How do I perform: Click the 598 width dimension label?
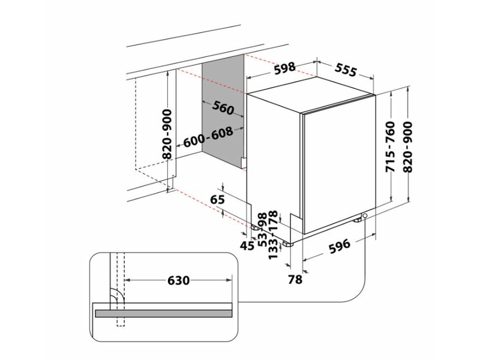(x=284, y=68)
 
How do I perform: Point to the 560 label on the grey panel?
(x=223, y=109)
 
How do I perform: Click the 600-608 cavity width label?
(x=208, y=139)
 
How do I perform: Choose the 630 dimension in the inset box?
(x=178, y=280)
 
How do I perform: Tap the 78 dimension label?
(x=295, y=279)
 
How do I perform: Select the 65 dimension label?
(x=218, y=199)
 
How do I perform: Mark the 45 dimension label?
(x=245, y=245)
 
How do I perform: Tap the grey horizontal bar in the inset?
(x=162, y=311)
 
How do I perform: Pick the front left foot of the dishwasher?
(x=289, y=244)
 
